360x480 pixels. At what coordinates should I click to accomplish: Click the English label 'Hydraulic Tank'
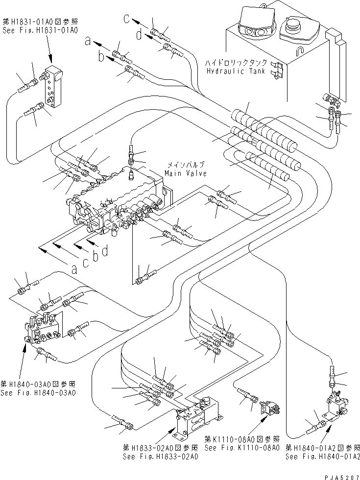(x=236, y=71)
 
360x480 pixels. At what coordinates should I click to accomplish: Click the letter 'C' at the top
(x=127, y=20)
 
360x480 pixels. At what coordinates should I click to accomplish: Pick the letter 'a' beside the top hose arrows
(x=88, y=43)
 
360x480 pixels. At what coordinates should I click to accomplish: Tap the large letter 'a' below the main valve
(x=74, y=268)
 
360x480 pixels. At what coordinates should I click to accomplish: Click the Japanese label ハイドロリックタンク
(x=237, y=63)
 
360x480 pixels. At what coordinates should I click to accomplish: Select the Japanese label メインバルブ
(x=184, y=165)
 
